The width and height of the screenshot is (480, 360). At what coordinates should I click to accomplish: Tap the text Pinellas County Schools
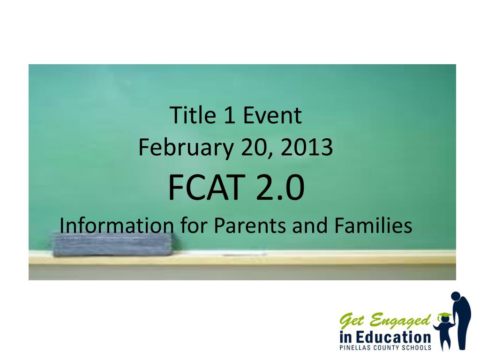point(385,348)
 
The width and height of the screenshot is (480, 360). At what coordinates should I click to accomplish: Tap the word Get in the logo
point(352,322)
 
